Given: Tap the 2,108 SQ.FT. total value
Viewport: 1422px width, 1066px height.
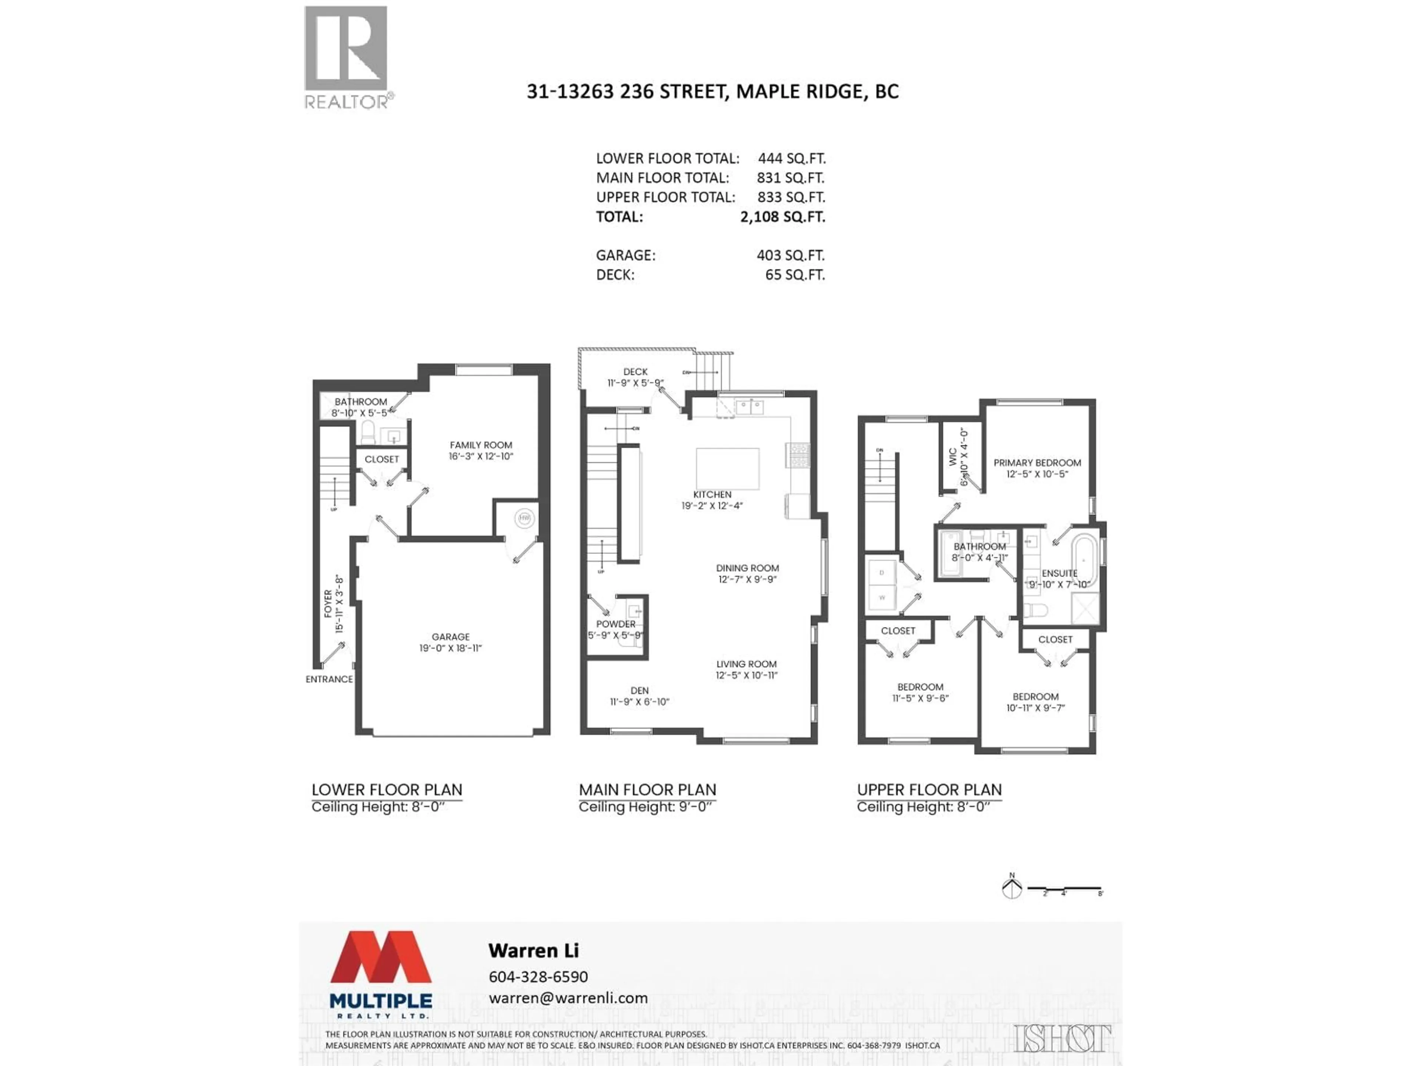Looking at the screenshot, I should pyautogui.click(x=782, y=217).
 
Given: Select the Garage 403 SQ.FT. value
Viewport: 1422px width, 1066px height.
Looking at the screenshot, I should pyautogui.click(x=790, y=255).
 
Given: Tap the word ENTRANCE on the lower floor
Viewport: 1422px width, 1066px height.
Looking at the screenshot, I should pyautogui.click(x=329, y=679).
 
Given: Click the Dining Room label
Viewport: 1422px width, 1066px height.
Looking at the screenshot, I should pyautogui.click(x=747, y=568).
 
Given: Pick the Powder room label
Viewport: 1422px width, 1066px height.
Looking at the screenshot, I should pyautogui.click(x=615, y=624).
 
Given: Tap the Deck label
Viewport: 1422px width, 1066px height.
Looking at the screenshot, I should pyautogui.click(x=635, y=371).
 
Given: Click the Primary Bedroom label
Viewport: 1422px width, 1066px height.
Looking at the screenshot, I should pyautogui.click(x=1037, y=463).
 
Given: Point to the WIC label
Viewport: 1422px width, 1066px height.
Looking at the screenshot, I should pyautogui.click(x=953, y=456).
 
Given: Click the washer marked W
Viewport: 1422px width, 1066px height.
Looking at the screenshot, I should pyautogui.click(x=882, y=597).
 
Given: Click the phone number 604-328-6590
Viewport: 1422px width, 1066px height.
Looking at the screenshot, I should pyautogui.click(x=538, y=977).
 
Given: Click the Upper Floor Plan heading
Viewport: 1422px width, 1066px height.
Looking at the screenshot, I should pyautogui.click(x=929, y=790).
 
